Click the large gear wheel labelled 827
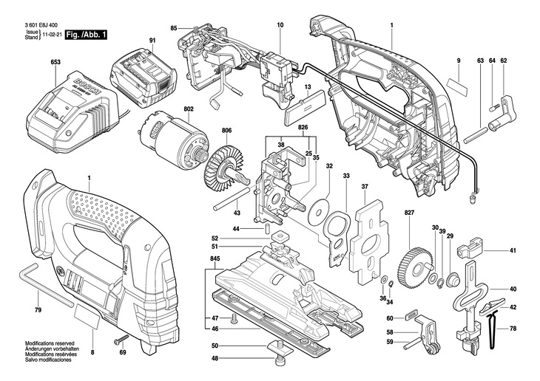click(415, 267)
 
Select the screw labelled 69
click(121, 340)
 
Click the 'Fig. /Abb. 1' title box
click(87, 35)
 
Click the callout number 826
click(303, 127)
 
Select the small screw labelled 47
click(233, 319)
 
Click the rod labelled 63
click(475, 135)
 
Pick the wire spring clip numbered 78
click(493, 328)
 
